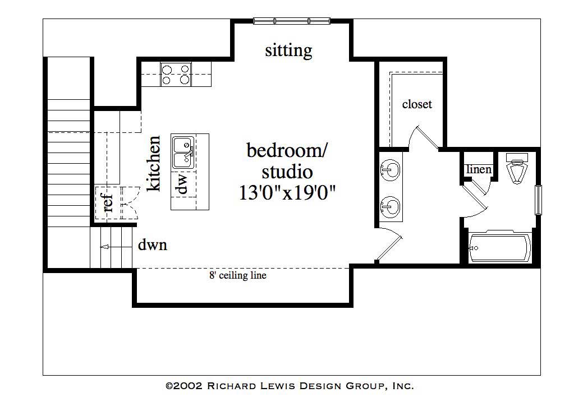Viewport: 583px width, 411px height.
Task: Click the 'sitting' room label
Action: pyautogui.click(x=288, y=51)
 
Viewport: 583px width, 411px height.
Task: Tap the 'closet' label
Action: pyautogui.click(x=417, y=104)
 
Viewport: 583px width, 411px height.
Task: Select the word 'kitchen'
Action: pyautogui.click(x=154, y=163)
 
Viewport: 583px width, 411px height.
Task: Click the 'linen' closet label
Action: pyautogui.click(x=479, y=169)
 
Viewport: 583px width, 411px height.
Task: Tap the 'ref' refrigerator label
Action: pyautogui.click(x=108, y=202)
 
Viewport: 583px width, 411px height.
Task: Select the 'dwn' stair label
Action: pyautogui.click(x=153, y=245)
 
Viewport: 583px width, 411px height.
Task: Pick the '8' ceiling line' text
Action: pyautogui.click(x=237, y=275)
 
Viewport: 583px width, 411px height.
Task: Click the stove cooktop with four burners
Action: pyautogui.click(x=176, y=74)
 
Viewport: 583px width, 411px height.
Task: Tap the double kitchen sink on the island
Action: pyautogui.click(x=183, y=153)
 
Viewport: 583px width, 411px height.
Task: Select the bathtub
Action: pyautogui.click(x=499, y=247)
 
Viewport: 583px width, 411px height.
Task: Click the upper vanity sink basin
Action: pyautogui.click(x=391, y=168)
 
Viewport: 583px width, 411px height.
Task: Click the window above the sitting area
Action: pyautogui.click(x=291, y=21)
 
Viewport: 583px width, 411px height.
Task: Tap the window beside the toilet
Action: pyautogui.click(x=538, y=199)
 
